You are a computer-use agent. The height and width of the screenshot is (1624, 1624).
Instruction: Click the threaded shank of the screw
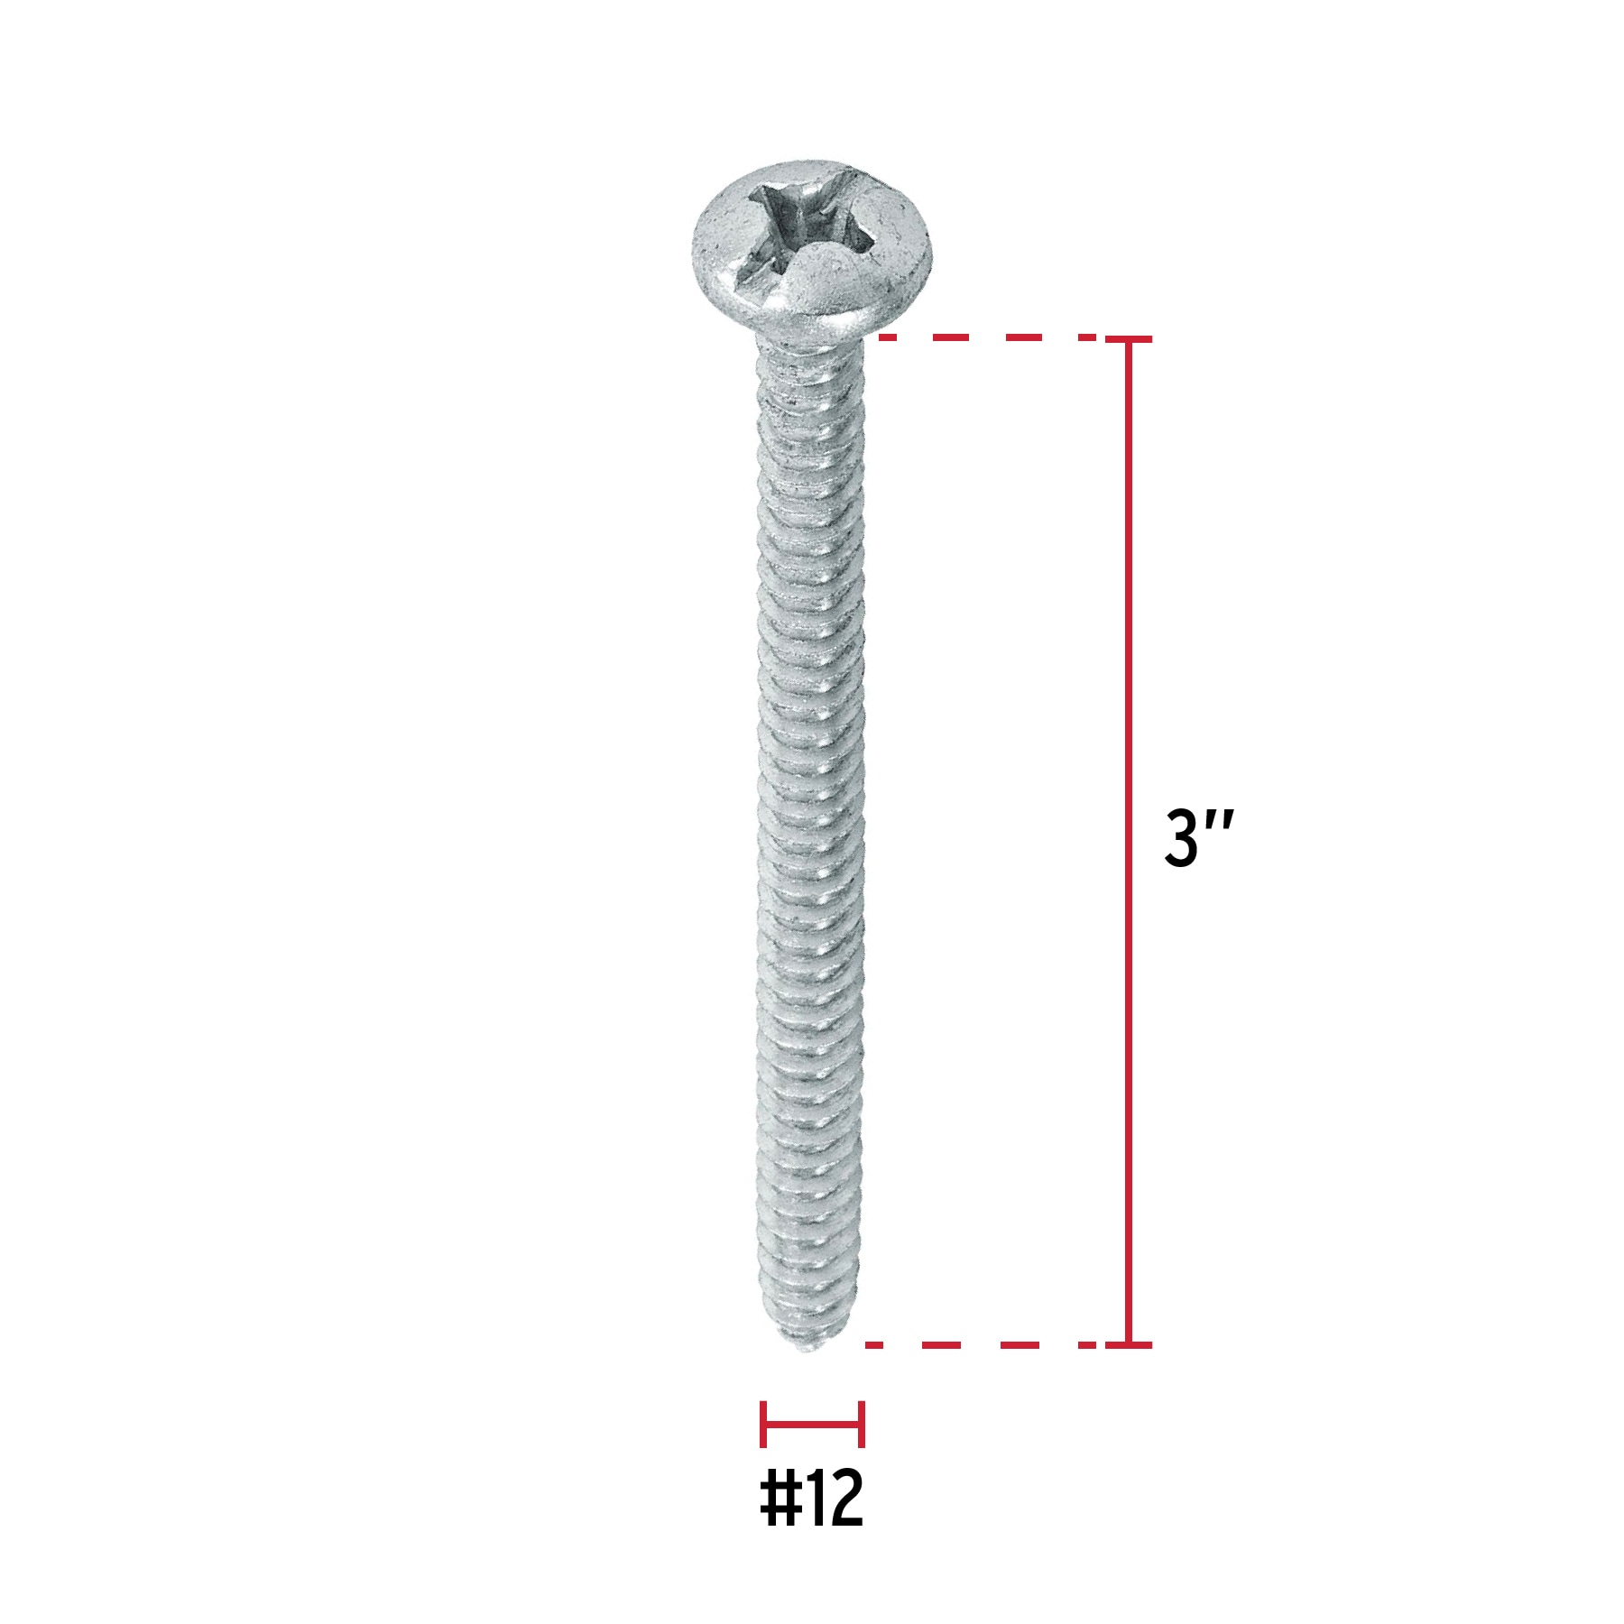[811, 812]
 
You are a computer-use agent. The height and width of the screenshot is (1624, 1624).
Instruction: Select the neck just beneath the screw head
[809, 347]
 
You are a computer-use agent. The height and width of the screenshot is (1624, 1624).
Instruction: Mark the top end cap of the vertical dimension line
[1128, 339]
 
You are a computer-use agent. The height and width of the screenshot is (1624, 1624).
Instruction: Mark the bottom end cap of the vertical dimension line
[1128, 1344]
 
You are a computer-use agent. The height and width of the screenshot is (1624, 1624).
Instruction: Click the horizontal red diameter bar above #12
[812, 1425]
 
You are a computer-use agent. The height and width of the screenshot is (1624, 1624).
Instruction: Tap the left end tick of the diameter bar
[763, 1425]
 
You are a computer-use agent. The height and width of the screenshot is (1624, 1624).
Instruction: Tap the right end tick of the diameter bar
[862, 1425]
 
